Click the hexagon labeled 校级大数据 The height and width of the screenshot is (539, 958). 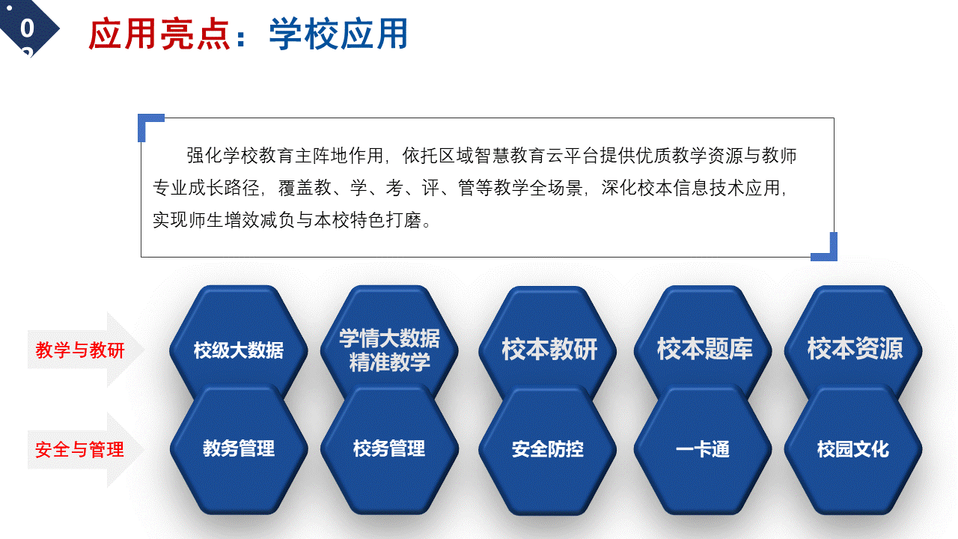239,342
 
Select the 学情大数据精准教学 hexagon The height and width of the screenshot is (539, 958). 389,342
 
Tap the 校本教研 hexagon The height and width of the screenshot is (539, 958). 548,342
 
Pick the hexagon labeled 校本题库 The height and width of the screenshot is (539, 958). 703,342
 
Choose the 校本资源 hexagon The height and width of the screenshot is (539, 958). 853,342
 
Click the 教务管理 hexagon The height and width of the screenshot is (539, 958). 239,449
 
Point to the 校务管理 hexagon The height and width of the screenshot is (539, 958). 389,449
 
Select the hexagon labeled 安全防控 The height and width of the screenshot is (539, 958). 548,449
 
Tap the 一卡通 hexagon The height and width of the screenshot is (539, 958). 703,449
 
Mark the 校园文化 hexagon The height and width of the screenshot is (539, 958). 853,449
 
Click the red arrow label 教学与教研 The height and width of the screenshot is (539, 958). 80,350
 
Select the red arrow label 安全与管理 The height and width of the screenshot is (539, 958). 80,450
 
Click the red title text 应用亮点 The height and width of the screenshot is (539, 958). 159,34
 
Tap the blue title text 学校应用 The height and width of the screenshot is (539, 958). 338,34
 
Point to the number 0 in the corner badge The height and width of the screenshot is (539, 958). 27,28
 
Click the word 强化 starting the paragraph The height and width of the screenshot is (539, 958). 204,155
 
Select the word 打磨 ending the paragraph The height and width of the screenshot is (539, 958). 403,220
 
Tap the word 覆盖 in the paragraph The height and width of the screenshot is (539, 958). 296,188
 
